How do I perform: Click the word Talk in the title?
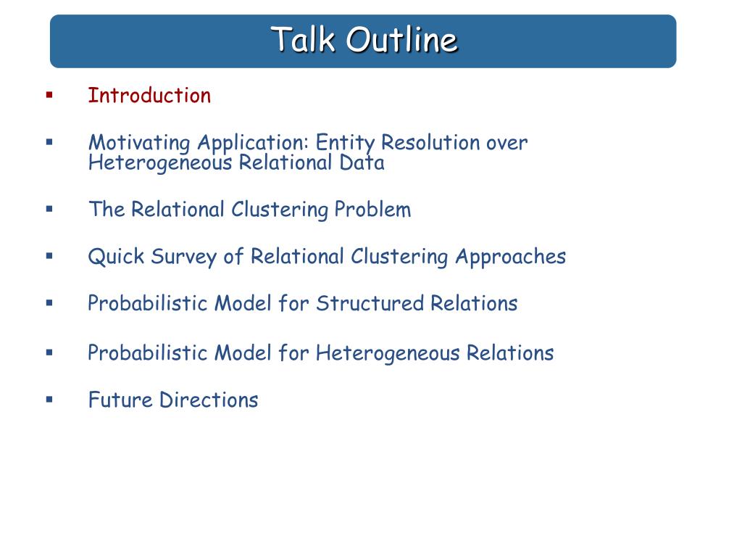pyautogui.click(x=303, y=39)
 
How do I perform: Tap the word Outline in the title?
pyautogui.click(x=401, y=39)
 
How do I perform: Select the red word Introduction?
pyautogui.click(x=149, y=95)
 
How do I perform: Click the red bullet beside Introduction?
pyautogui.click(x=49, y=95)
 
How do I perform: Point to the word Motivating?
pyautogui.click(x=140, y=143)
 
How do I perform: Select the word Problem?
pyautogui.click(x=373, y=210)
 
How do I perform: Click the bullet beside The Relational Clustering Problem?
pyautogui.click(x=49, y=209)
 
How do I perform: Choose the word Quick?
pyautogui.click(x=117, y=256)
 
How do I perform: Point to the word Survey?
pyautogui.click(x=184, y=257)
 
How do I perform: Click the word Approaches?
pyautogui.click(x=511, y=257)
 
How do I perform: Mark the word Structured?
pyautogui.click(x=370, y=303)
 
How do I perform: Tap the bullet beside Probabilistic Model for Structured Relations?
pyautogui.click(x=49, y=302)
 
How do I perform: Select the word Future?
pyautogui.click(x=121, y=400)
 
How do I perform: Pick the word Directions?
pyautogui.click(x=209, y=400)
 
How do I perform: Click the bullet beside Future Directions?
pyautogui.click(x=49, y=400)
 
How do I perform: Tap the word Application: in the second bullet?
pyautogui.click(x=253, y=143)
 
